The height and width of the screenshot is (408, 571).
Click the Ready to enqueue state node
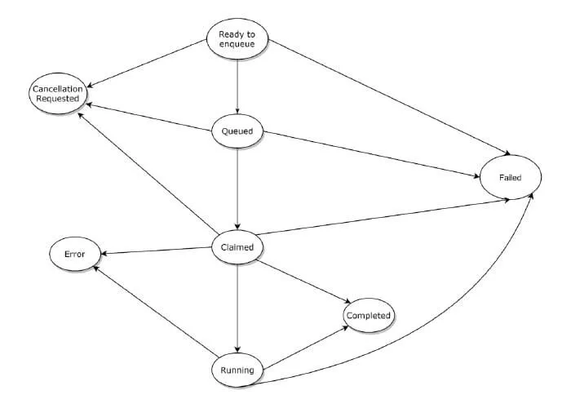[237, 38]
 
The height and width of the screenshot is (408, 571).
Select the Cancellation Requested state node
[56, 92]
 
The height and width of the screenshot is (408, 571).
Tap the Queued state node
[237, 130]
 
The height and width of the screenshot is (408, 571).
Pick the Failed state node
[511, 176]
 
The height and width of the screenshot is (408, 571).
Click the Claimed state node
[237, 246]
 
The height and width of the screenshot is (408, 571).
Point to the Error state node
[74, 254]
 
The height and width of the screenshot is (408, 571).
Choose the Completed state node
[369, 315]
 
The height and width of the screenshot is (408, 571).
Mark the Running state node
[237, 370]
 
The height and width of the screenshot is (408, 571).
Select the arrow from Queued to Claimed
[237, 188]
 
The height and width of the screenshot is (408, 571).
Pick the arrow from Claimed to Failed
[383, 216]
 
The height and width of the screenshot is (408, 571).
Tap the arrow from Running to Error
[155, 313]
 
